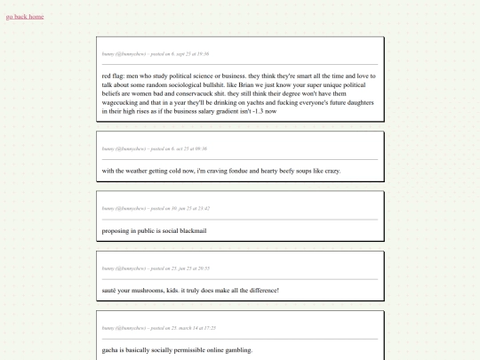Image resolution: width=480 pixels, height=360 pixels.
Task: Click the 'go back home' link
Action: tap(25, 17)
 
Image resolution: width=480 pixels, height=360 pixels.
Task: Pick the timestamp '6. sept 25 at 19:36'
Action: tap(190, 53)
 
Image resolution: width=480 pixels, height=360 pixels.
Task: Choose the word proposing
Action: tap(117, 231)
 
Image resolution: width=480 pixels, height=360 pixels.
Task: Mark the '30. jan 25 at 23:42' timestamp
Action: tap(191, 208)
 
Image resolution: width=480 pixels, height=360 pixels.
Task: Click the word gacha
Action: tap(111, 350)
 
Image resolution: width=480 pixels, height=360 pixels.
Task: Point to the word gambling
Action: tap(234, 350)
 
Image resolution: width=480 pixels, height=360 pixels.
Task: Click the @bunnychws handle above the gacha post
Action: tap(130, 328)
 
